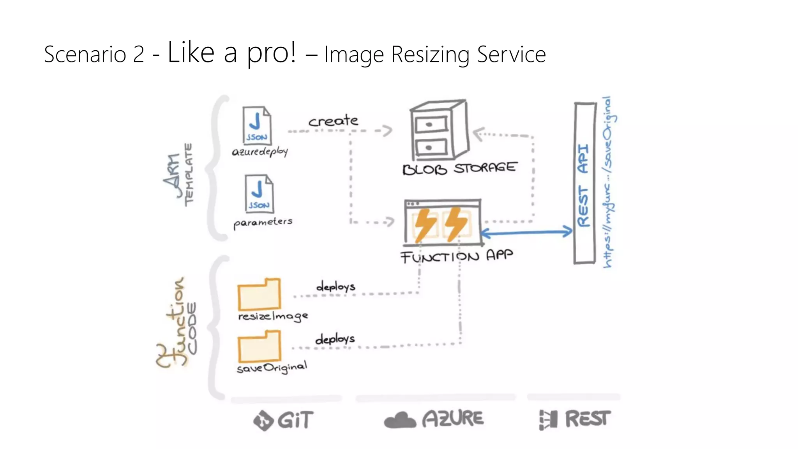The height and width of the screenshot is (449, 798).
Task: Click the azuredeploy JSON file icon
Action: click(257, 126)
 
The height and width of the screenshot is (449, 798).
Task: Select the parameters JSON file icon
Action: click(259, 193)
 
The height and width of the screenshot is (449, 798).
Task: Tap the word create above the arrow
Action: click(333, 121)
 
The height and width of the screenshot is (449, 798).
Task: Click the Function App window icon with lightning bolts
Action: click(443, 223)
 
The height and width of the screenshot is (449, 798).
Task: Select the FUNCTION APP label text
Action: click(456, 256)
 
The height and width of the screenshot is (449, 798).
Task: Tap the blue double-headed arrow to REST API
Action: click(526, 233)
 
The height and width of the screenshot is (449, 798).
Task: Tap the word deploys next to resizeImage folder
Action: click(335, 287)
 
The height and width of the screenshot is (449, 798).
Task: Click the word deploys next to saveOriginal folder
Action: click(335, 339)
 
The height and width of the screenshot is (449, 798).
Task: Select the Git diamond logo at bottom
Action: click(263, 421)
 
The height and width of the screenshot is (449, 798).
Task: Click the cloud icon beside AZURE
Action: click(400, 420)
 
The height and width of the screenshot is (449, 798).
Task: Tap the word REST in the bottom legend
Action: click(588, 419)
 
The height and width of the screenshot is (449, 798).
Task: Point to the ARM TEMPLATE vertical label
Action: click(178, 175)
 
